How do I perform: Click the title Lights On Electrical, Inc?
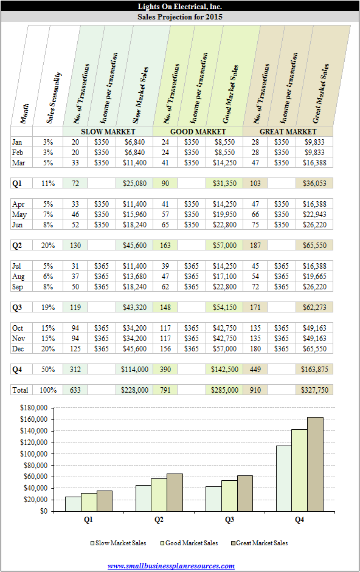point(180,6)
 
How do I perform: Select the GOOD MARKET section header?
point(198,131)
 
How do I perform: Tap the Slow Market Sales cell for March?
point(135,163)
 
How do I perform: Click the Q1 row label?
point(17,184)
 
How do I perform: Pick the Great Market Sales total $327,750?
point(315,390)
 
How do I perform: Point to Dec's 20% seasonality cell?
point(48,349)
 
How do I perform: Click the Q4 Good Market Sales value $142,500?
point(224,369)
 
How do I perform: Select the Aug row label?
point(18,277)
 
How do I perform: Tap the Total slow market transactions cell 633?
point(75,390)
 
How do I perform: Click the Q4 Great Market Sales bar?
point(315,464)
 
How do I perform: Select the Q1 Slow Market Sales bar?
point(73,504)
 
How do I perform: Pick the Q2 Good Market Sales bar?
point(159,495)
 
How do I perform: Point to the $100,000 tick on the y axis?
point(33,454)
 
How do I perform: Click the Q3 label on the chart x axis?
point(229,520)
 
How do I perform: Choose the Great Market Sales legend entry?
point(259,543)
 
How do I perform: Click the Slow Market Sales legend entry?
point(119,543)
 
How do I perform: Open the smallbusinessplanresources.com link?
point(171,566)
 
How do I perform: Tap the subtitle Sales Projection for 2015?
point(180,17)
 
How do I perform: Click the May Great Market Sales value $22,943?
point(315,215)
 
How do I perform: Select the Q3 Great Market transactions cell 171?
point(255,308)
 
